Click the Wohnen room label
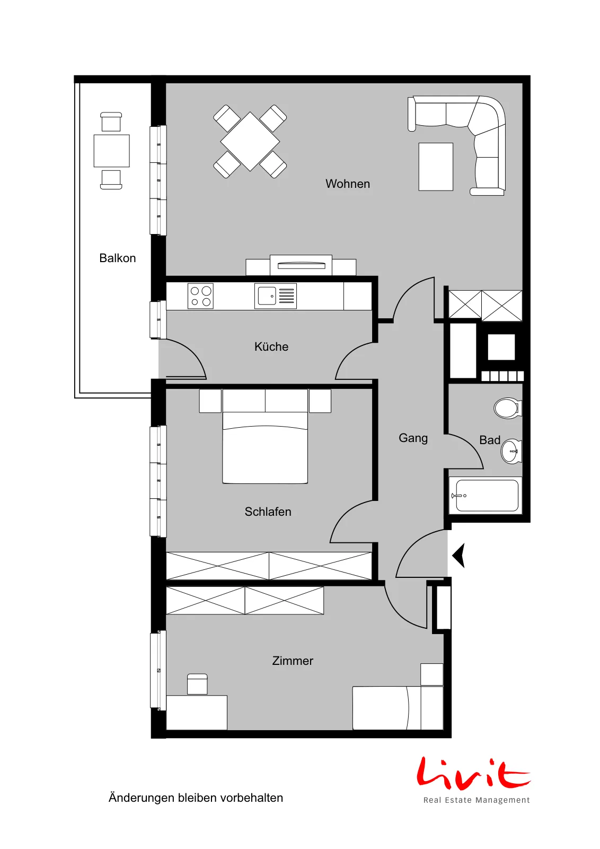pyautogui.click(x=348, y=184)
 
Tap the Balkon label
pyautogui.click(x=117, y=258)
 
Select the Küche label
pyautogui.click(x=271, y=346)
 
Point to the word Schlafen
pyautogui.click(x=268, y=512)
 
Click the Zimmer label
pyautogui.click(x=293, y=661)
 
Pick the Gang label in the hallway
pyautogui.click(x=413, y=438)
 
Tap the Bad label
pyautogui.click(x=489, y=440)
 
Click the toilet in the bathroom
pyautogui.click(x=508, y=408)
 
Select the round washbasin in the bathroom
pyautogui.click(x=511, y=452)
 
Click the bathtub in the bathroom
pyautogui.click(x=486, y=496)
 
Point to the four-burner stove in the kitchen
pyautogui.click(x=201, y=296)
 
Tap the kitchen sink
pyautogui.click(x=275, y=296)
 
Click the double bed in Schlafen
pyautogui.click(x=265, y=436)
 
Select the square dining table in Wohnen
pyautogui.click(x=250, y=141)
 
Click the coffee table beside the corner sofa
pyautogui.click(x=436, y=167)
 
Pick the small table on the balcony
pyautogui.click(x=112, y=151)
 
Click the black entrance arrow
pyautogui.click(x=459, y=555)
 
